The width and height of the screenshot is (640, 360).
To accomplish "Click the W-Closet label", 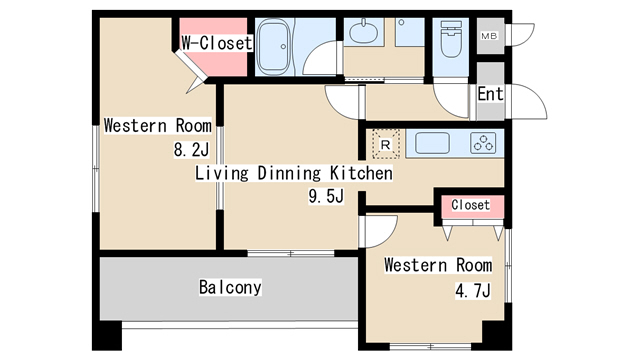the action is tap(217, 43).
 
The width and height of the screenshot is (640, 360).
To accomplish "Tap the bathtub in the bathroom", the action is tap(274, 47).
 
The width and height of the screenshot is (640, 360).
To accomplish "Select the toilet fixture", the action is tap(451, 39).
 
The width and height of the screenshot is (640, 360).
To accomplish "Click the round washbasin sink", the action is tap(363, 33).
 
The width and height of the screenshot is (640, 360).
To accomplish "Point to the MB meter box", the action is tap(489, 36).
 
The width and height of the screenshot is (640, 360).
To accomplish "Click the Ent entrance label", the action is tap(490, 94).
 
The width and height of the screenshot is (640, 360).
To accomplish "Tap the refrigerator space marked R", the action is tap(385, 144).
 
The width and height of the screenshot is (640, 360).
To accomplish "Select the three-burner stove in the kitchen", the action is tap(483, 143).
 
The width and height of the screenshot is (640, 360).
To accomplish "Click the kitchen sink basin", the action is tap(432, 143).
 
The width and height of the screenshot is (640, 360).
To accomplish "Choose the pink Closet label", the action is tap(470, 204).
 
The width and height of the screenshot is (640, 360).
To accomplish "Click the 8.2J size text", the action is tap(191, 150).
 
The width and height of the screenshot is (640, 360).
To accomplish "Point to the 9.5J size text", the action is tap(326, 196).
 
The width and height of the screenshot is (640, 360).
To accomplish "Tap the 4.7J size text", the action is tap(473, 291).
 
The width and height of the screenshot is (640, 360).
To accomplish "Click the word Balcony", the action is tap(230, 287).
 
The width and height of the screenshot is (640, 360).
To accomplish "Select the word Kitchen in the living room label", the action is tap(361, 173).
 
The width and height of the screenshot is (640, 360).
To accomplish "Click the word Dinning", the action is tap(289, 173).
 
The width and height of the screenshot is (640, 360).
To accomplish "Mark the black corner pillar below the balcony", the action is tap(107, 336).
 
